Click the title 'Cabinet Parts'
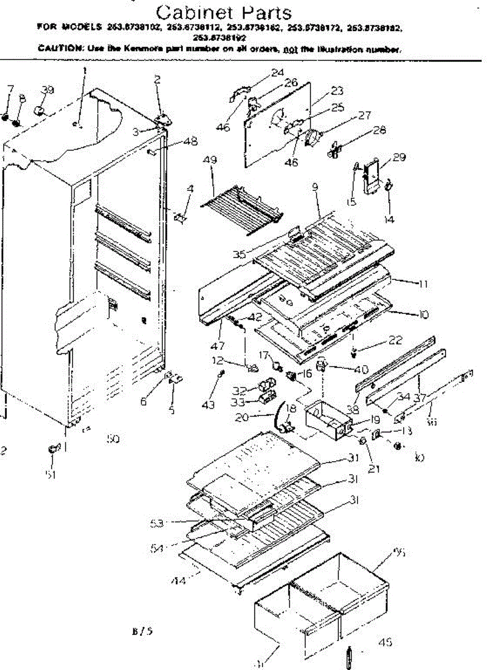click(x=223, y=12)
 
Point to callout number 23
click(x=337, y=91)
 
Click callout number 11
click(x=423, y=284)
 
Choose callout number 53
click(x=156, y=523)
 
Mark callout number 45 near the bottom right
click(x=385, y=643)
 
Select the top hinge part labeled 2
click(x=161, y=119)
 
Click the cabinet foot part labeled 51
click(x=53, y=448)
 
